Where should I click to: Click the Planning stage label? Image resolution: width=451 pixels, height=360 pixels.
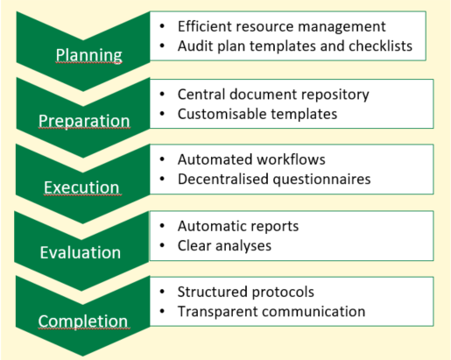point(88,55)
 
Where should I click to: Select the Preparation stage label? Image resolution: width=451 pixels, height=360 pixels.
point(84,121)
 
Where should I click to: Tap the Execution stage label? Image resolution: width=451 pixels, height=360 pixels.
point(81,187)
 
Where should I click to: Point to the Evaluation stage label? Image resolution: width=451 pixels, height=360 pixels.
point(81,252)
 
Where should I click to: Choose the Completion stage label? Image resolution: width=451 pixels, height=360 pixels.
point(83,321)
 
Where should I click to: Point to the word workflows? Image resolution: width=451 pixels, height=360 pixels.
point(291,159)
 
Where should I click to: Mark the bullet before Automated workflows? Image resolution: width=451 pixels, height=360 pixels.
point(162,159)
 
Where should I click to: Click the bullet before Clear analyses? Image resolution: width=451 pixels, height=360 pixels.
point(162,245)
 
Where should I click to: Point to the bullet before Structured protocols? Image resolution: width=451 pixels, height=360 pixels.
point(162,292)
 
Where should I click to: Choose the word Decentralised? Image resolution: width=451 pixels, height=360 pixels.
point(223,179)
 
